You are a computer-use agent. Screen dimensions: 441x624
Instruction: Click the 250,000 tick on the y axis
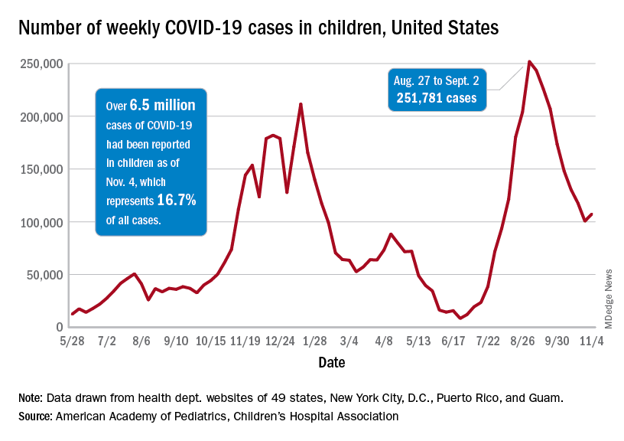click(41, 64)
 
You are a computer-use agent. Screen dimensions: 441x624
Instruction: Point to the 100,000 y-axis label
click(41, 222)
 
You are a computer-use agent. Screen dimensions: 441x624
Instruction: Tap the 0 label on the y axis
click(57, 327)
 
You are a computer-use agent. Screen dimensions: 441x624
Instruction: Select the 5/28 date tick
click(72, 341)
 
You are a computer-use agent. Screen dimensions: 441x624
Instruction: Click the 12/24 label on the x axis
click(280, 341)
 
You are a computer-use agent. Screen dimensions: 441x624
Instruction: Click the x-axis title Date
click(331, 361)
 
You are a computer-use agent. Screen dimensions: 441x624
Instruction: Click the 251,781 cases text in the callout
click(436, 97)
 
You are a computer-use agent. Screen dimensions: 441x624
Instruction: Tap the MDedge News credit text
click(610, 299)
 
